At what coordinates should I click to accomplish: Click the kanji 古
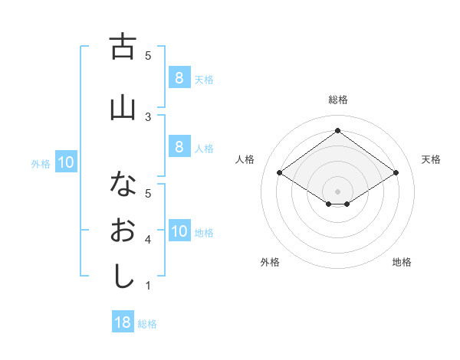[123, 47]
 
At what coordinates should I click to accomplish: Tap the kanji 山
[123, 108]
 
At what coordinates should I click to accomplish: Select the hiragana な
[123, 184]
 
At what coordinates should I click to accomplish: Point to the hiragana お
[123, 231]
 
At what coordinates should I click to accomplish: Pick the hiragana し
[123, 277]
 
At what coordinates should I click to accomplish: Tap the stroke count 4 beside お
[148, 240]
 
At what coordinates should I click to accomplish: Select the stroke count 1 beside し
[148, 286]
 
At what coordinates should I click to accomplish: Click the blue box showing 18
[123, 322]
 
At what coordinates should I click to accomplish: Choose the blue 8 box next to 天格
[179, 77]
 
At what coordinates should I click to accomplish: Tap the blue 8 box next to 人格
[179, 148]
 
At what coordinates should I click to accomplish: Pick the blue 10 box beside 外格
[66, 162]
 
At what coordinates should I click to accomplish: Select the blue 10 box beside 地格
[179, 231]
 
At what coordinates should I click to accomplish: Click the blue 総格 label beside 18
[147, 324]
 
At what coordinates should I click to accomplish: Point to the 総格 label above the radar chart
[337, 100]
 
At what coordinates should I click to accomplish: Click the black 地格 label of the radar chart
[402, 262]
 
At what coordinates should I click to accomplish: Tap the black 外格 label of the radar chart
[270, 262]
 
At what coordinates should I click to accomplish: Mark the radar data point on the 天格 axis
[396, 173]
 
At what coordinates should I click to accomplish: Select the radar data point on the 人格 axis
[279, 173]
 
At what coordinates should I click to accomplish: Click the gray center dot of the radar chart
[337, 190]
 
